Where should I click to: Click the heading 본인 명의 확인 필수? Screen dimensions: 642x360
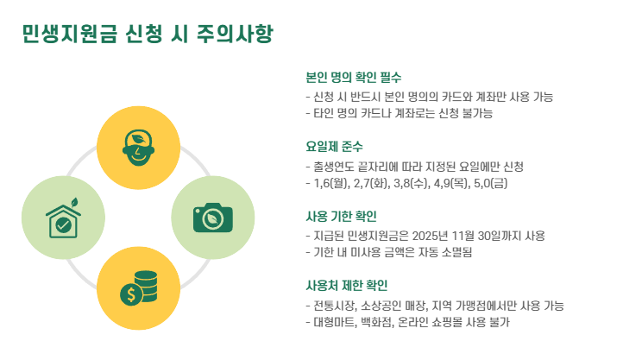pos(354,77)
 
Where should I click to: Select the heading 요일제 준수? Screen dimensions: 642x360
pos(335,146)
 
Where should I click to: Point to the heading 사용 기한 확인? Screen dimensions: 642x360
pos(342,216)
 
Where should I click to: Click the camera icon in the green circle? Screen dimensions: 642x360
pos(212,217)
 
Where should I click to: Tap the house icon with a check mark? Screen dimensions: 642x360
pos(63,219)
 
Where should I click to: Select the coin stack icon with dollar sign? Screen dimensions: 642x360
pos(138,288)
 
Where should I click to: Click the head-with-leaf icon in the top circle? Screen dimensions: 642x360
pos(138,144)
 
